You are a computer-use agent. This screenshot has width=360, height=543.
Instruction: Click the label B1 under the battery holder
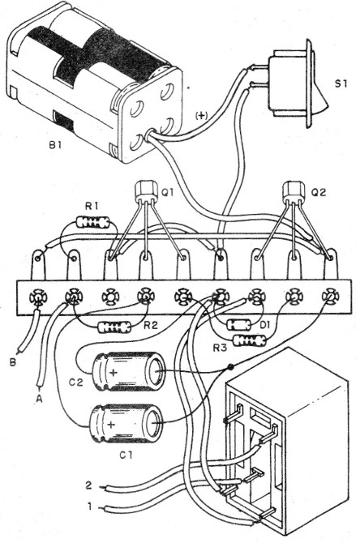(x=55, y=145)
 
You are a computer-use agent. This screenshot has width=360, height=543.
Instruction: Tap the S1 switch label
(x=341, y=83)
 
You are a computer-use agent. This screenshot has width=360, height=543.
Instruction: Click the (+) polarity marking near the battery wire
(x=201, y=116)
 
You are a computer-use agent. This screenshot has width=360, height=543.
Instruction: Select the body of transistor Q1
(x=144, y=190)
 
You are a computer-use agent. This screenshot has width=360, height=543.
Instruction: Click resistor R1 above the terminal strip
(x=93, y=222)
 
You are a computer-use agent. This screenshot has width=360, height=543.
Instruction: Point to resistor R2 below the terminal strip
(x=114, y=327)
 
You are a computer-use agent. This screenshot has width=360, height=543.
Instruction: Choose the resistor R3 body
(x=251, y=340)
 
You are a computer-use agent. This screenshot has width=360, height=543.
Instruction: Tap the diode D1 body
(x=238, y=325)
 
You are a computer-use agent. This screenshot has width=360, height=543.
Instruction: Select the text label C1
(x=126, y=455)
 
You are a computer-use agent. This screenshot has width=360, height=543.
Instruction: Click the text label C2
(x=75, y=383)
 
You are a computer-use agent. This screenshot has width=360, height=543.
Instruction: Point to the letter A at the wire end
(x=39, y=400)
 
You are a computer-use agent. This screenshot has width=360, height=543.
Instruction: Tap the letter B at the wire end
(x=13, y=362)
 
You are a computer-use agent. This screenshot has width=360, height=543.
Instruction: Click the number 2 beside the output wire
(x=88, y=485)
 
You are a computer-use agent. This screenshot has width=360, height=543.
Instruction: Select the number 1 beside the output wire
(x=90, y=507)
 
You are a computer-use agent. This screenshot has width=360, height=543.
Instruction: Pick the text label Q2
(x=319, y=193)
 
